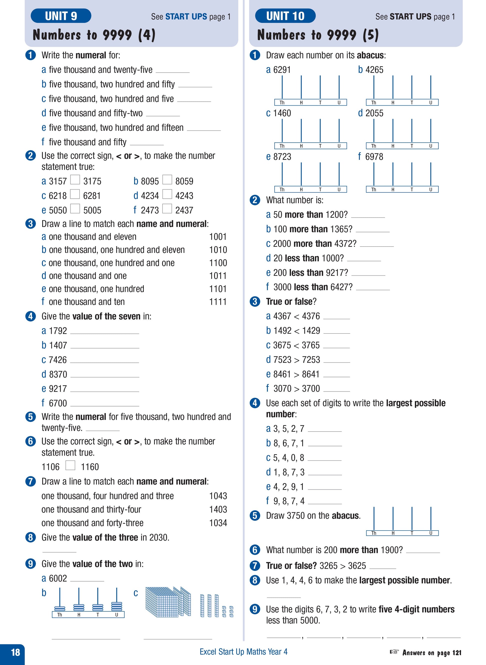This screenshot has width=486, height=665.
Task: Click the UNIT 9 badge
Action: click(61, 16)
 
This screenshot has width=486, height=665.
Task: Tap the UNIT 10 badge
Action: click(285, 16)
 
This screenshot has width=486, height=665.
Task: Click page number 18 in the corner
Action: click(15, 652)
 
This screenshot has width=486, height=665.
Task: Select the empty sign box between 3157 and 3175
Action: click(75, 180)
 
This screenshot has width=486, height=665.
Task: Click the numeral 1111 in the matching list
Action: click(218, 302)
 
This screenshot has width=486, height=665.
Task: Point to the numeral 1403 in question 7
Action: click(218, 509)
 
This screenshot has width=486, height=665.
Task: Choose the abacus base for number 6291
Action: click(310, 102)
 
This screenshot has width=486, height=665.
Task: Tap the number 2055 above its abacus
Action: click(374, 113)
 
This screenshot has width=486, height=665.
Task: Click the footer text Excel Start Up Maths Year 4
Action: click(243, 652)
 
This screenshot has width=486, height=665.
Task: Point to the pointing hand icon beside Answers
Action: click(394, 652)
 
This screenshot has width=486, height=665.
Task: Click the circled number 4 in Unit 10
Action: click(255, 403)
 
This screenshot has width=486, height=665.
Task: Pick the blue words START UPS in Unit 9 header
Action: click(186, 16)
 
